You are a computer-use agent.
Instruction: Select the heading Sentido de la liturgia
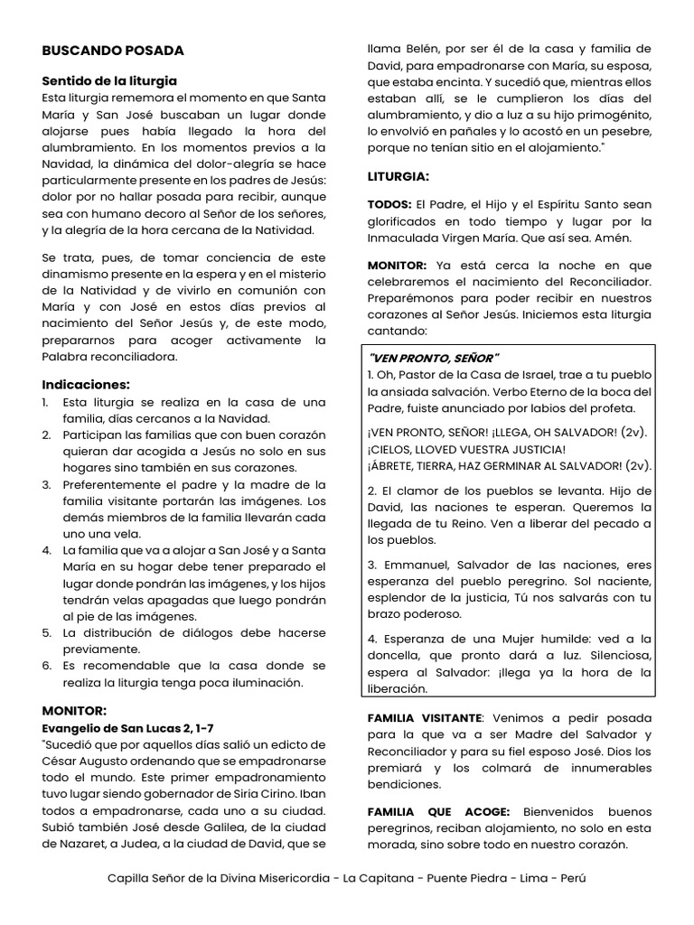tap(109, 80)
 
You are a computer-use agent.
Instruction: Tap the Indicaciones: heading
tap(86, 384)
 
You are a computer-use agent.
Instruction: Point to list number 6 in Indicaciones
tap(46, 666)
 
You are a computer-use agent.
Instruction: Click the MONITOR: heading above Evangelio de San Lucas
tap(74, 710)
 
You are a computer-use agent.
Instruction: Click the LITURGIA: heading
tap(398, 175)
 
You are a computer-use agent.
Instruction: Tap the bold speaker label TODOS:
tap(389, 204)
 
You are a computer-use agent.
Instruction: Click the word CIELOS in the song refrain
tap(395, 449)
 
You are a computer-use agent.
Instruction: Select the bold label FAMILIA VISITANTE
tap(427, 717)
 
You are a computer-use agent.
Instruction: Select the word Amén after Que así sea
tap(638, 238)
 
